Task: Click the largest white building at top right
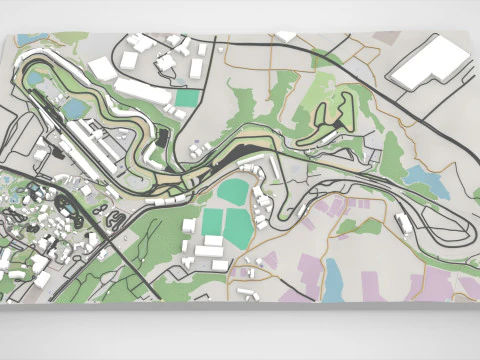(427, 62)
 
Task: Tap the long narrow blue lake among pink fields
(333, 277)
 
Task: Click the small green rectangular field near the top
(186, 99)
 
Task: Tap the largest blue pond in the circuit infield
(77, 108)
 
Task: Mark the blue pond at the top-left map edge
(35, 77)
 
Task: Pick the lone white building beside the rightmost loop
(408, 229)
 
